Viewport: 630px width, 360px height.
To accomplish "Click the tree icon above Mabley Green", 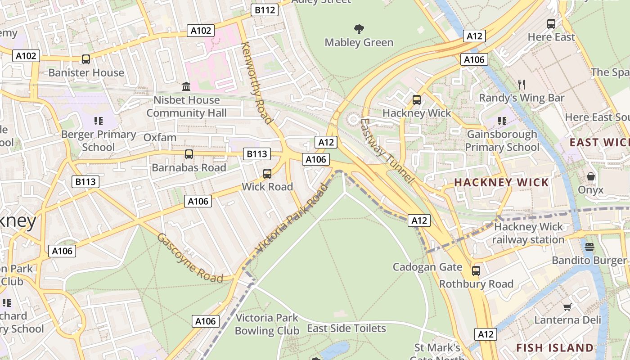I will tap(359, 30).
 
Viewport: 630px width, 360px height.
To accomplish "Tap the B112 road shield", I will tap(264, 10).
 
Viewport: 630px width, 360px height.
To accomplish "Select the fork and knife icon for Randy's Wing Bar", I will tap(522, 84).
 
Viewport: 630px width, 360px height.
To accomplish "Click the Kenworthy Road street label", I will tap(257, 83).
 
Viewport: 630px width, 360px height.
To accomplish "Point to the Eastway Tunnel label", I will tap(387, 151).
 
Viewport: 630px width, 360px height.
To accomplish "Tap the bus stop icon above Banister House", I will tap(85, 59).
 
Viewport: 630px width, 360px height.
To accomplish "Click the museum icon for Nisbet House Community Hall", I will tap(186, 86).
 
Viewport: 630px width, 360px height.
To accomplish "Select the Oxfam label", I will tap(160, 138).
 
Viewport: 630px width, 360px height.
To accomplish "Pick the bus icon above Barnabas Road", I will tap(189, 154).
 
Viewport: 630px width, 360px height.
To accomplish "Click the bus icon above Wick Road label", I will tap(267, 174).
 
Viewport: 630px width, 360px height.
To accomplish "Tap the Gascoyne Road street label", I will tap(189, 258).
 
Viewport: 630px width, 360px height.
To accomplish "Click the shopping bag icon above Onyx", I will tap(591, 176).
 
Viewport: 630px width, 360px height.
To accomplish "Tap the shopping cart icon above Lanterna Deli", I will tap(567, 307).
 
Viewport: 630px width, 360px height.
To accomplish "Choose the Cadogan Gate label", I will tap(427, 267).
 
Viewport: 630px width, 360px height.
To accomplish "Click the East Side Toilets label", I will tap(346, 328).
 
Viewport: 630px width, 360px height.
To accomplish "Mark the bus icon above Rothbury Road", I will tap(476, 271).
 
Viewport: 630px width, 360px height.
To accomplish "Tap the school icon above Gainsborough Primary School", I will tap(502, 121).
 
